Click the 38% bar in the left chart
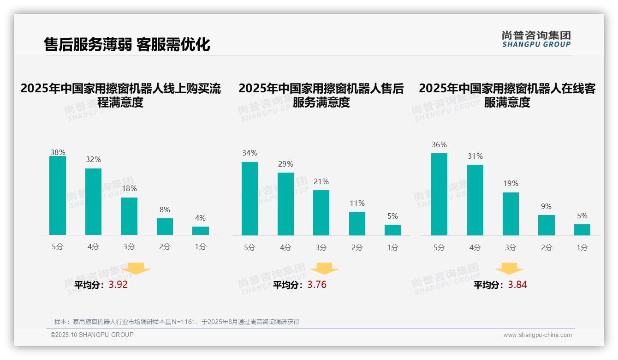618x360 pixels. click(x=58, y=195)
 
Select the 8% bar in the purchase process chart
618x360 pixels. click(x=165, y=226)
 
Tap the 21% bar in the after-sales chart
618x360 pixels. click(x=321, y=212)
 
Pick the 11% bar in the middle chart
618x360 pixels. click(x=357, y=223)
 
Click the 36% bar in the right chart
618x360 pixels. click(x=439, y=194)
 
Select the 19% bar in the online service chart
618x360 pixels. click(x=511, y=214)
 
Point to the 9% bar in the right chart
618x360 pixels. click(x=547, y=225)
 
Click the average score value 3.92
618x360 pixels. click(x=118, y=285)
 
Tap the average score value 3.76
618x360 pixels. click(x=317, y=285)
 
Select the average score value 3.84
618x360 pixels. click(x=517, y=285)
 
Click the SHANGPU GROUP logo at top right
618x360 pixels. click(x=536, y=39)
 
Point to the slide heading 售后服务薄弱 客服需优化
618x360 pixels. click(x=127, y=44)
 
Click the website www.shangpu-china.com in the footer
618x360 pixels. click(x=537, y=335)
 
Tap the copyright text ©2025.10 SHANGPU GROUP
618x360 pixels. click(x=92, y=335)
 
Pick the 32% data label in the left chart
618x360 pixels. click(x=93, y=160)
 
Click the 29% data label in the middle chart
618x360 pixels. click(x=285, y=164)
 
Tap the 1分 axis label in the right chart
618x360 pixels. click(x=582, y=247)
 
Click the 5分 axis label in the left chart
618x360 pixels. click(x=58, y=247)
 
